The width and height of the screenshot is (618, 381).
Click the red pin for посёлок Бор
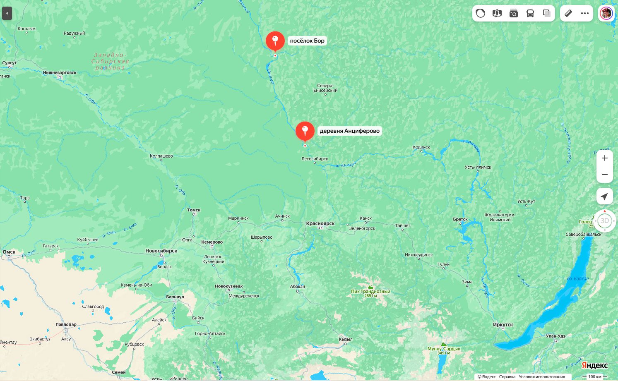tap(275, 41)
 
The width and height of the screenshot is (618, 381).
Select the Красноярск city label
tap(320, 223)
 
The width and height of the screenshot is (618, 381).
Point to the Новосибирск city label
tap(161, 251)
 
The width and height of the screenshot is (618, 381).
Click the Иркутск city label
tap(503, 325)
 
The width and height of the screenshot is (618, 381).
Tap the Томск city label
tap(193, 210)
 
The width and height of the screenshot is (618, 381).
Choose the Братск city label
tap(460, 219)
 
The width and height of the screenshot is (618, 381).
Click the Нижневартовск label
tap(60, 73)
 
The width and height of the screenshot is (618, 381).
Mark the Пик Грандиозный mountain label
tap(370, 291)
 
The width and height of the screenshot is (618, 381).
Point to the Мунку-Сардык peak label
tap(444, 349)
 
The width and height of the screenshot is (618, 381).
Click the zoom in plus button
tap(604, 158)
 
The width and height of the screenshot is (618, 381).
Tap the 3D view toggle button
tap(604, 220)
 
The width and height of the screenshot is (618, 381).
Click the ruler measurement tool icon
tap(568, 13)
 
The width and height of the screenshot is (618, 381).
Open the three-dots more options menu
tap(584, 13)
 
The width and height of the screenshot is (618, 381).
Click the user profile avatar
tap(606, 13)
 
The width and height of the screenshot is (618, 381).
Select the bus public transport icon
tap(530, 13)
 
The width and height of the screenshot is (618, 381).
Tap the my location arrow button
tap(604, 196)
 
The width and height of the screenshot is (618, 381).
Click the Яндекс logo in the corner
tap(594, 365)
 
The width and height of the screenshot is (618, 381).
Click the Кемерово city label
tap(212, 242)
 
